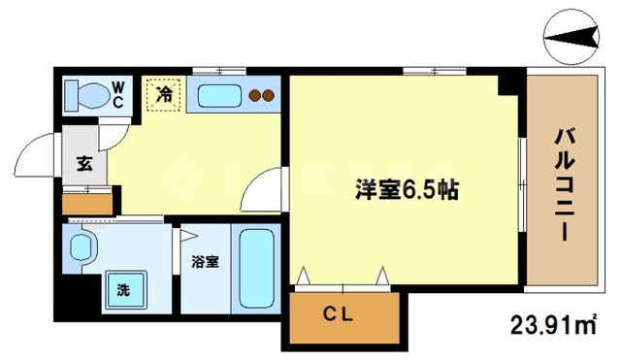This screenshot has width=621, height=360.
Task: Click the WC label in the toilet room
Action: pos(116,93)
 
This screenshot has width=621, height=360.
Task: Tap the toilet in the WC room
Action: pos(83,95)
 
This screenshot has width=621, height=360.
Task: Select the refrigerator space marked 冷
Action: pos(165,95)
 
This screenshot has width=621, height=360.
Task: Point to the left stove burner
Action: pos(255,95)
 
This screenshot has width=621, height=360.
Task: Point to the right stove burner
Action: pos(269,95)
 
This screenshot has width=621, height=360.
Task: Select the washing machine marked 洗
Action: pos(123,289)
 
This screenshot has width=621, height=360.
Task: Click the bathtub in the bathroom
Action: pos(257,267)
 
